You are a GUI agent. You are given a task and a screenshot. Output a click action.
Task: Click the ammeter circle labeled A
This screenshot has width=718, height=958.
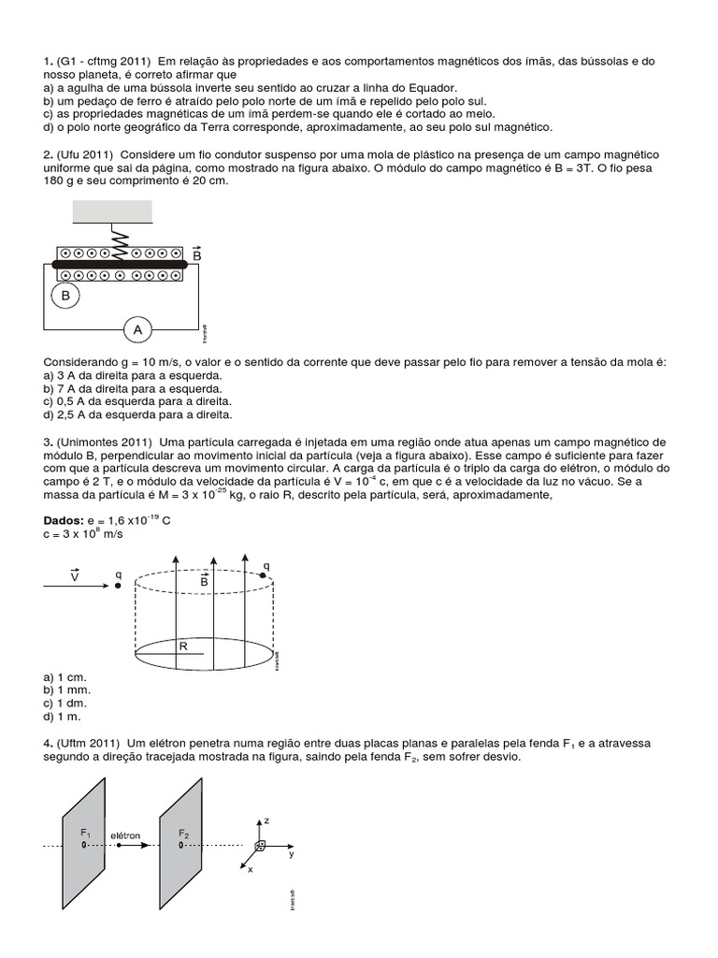click(138, 329)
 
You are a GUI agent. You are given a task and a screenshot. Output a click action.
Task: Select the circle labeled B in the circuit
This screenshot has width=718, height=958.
click(65, 297)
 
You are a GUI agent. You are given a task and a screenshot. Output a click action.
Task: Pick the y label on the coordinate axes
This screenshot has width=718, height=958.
click(292, 854)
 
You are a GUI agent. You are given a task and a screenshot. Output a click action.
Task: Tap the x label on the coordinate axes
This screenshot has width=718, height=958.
click(251, 869)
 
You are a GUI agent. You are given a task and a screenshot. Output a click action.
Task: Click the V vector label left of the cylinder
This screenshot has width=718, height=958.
click(75, 578)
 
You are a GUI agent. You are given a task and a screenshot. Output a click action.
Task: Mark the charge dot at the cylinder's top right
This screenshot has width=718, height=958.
click(263, 576)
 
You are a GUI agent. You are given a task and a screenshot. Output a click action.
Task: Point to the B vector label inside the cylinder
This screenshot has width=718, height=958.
click(203, 581)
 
